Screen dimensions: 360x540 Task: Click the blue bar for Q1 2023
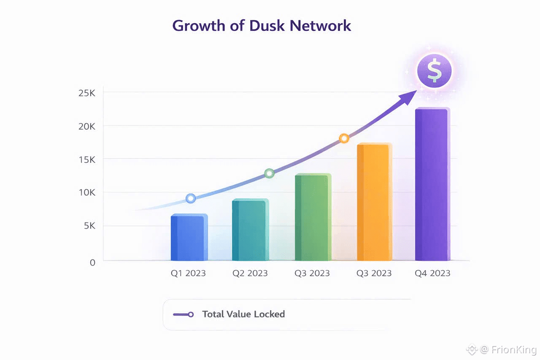(189, 238)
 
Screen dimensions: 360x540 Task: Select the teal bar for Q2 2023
(250, 230)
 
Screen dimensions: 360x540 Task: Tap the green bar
(312, 218)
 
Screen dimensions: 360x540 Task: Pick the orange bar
(374, 203)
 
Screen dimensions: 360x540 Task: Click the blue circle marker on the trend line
(191, 198)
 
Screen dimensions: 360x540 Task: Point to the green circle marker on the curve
(269, 173)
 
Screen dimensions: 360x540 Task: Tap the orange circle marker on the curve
(344, 138)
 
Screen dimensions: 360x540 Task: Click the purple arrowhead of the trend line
(406, 98)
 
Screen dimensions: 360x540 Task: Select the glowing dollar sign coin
(434, 70)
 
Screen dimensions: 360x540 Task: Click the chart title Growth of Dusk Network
(262, 26)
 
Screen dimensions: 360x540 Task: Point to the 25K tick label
(86, 92)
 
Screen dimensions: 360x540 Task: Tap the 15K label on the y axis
(86, 159)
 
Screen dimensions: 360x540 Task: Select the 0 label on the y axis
(92, 262)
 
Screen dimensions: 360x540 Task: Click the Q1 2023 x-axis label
(188, 273)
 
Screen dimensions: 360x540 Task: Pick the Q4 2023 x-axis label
(432, 273)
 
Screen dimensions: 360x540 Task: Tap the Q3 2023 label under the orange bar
(374, 273)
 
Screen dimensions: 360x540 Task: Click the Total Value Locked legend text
(243, 314)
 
